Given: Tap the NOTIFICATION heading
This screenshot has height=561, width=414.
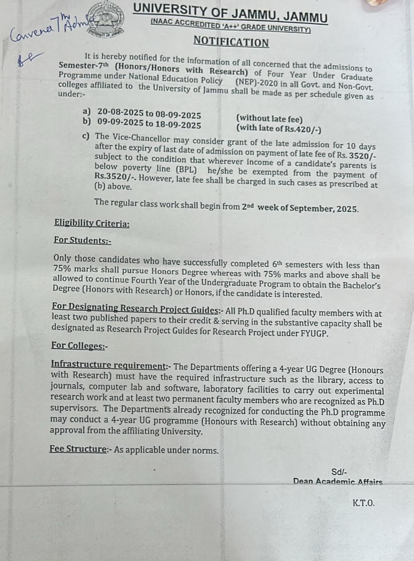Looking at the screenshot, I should [231, 42].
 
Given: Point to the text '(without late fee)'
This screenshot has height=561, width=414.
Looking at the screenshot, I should [269, 119].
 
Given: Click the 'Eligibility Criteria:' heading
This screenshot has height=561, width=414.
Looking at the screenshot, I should [92, 224].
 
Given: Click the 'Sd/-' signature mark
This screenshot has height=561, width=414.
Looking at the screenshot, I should [339, 472].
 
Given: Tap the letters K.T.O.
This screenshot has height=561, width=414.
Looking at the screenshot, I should [364, 503].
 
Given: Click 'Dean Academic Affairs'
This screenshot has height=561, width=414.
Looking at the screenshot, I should [337, 482].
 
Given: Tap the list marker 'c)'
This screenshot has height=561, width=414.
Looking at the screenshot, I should [86, 137].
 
